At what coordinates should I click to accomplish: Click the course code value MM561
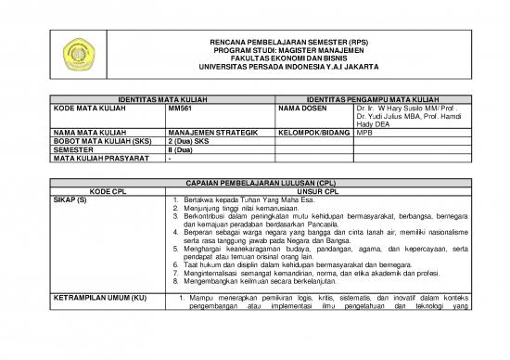point(180,108)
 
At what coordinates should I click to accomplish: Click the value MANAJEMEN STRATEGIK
point(212,133)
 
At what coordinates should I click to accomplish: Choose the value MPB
point(363,133)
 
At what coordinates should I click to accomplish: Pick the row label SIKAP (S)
point(70,200)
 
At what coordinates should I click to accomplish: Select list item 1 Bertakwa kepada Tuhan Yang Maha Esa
point(245,200)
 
